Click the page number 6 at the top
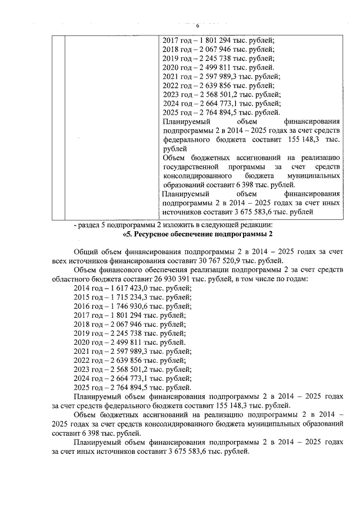click(197, 26)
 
